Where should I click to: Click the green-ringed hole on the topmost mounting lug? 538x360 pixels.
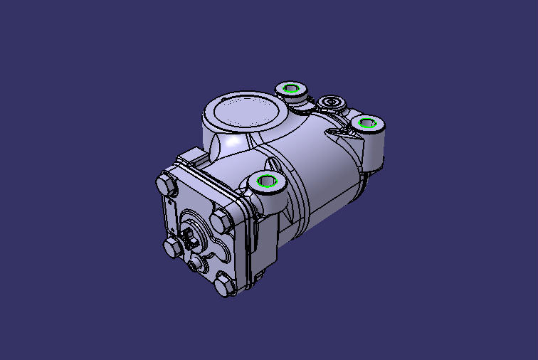click(290, 88)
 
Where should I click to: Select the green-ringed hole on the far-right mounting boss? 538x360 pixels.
click(368, 123)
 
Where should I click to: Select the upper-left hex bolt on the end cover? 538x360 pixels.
click(165, 184)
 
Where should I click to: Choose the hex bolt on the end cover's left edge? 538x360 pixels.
click(172, 248)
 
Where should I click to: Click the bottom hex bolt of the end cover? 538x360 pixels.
click(224, 285)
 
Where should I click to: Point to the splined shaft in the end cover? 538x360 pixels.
click(191, 236)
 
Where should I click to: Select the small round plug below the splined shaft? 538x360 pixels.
click(198, 265)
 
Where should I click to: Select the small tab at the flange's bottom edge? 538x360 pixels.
click(259, 275)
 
